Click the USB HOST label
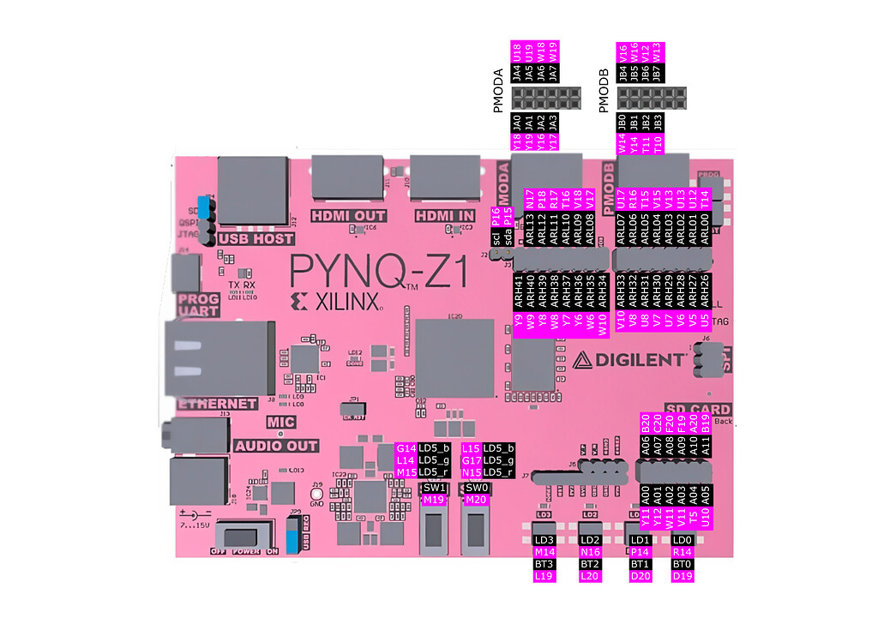256,239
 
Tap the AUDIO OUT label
276,447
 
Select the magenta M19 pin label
434,500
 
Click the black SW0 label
476,488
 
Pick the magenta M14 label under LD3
544,552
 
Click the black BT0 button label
682,565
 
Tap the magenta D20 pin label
640,577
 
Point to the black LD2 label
590,540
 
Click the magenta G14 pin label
406,448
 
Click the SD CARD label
697,410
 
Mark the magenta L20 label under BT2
590,577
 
